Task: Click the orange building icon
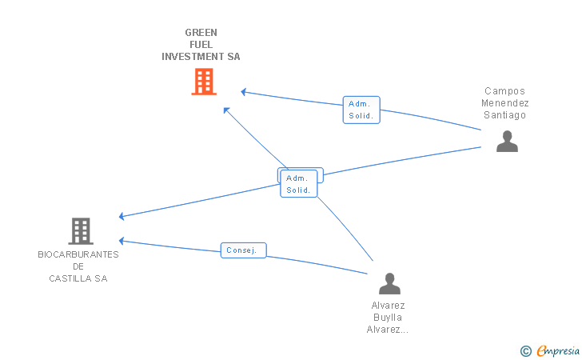click(x=204, y=82)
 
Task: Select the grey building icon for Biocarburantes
click(x=81, y=230)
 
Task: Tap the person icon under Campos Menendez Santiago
click(x=507, y=141)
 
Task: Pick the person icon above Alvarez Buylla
click(x=390, y=283)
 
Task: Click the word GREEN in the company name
click(x=201, y=33)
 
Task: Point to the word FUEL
click(x=201, y=45)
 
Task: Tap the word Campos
click(x=504, y=91)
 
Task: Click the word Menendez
click(x=504, y=103)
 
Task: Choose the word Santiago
click(x=504, y=115)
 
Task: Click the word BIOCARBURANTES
click(x=78, y=254)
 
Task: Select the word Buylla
click(x=388, y=318)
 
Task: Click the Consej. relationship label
click(x=244, y=250)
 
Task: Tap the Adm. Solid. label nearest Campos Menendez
click(x=361, y=110)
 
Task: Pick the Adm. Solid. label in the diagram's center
click(x=298, y=183)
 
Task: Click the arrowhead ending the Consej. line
click(x=121, y=241)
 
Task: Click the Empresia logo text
click(x=558, y=350)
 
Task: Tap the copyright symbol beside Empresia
click(x=525, y=351)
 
